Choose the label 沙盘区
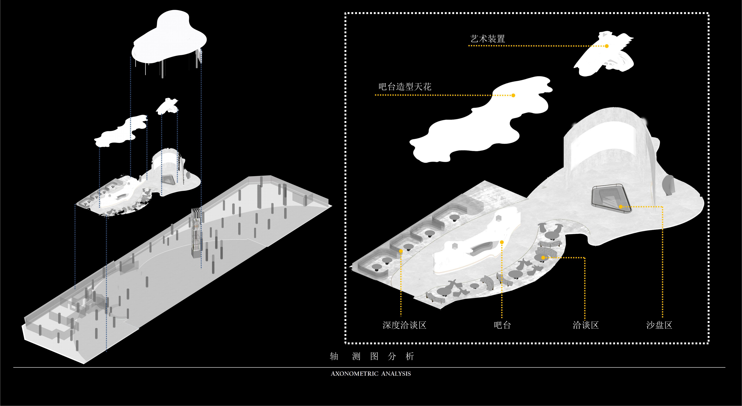click(x=659, y=325)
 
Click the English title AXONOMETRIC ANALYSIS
click(x=371, y=374)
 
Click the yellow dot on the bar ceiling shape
click(x=513, y=95)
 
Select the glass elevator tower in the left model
click(x=196, y=233)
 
